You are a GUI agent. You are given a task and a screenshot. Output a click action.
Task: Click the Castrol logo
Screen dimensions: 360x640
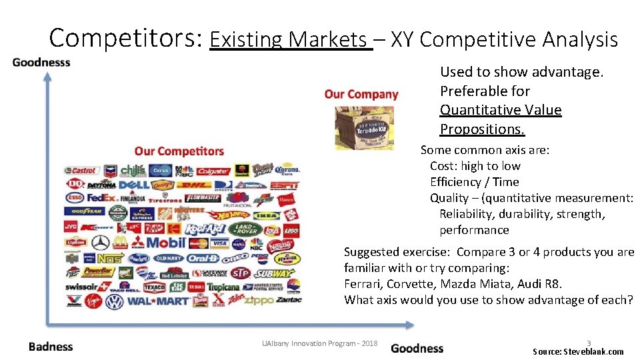point(83,171)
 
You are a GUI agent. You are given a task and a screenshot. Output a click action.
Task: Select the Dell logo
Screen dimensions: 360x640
point(134,184)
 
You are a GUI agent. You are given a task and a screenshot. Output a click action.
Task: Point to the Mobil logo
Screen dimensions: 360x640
point(165,243)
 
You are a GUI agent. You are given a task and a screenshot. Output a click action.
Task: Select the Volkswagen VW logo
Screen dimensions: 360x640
point(115,301)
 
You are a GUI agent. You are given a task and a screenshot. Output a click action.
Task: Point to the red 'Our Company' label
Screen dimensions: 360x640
point(361,95)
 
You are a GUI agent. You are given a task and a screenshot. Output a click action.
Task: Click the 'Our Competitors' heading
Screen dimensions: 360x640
point(179,151)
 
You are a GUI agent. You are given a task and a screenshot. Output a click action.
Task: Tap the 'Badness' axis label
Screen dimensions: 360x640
point(51,347)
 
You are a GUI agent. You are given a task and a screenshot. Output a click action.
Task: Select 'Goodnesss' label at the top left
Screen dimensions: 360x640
point(41,63)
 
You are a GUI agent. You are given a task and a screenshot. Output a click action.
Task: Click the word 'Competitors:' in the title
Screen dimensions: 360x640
point(125,38)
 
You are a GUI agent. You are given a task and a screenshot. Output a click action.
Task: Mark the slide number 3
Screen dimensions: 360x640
point(589,343)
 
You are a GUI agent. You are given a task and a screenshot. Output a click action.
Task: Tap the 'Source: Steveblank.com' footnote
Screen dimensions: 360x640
point(578,351)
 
